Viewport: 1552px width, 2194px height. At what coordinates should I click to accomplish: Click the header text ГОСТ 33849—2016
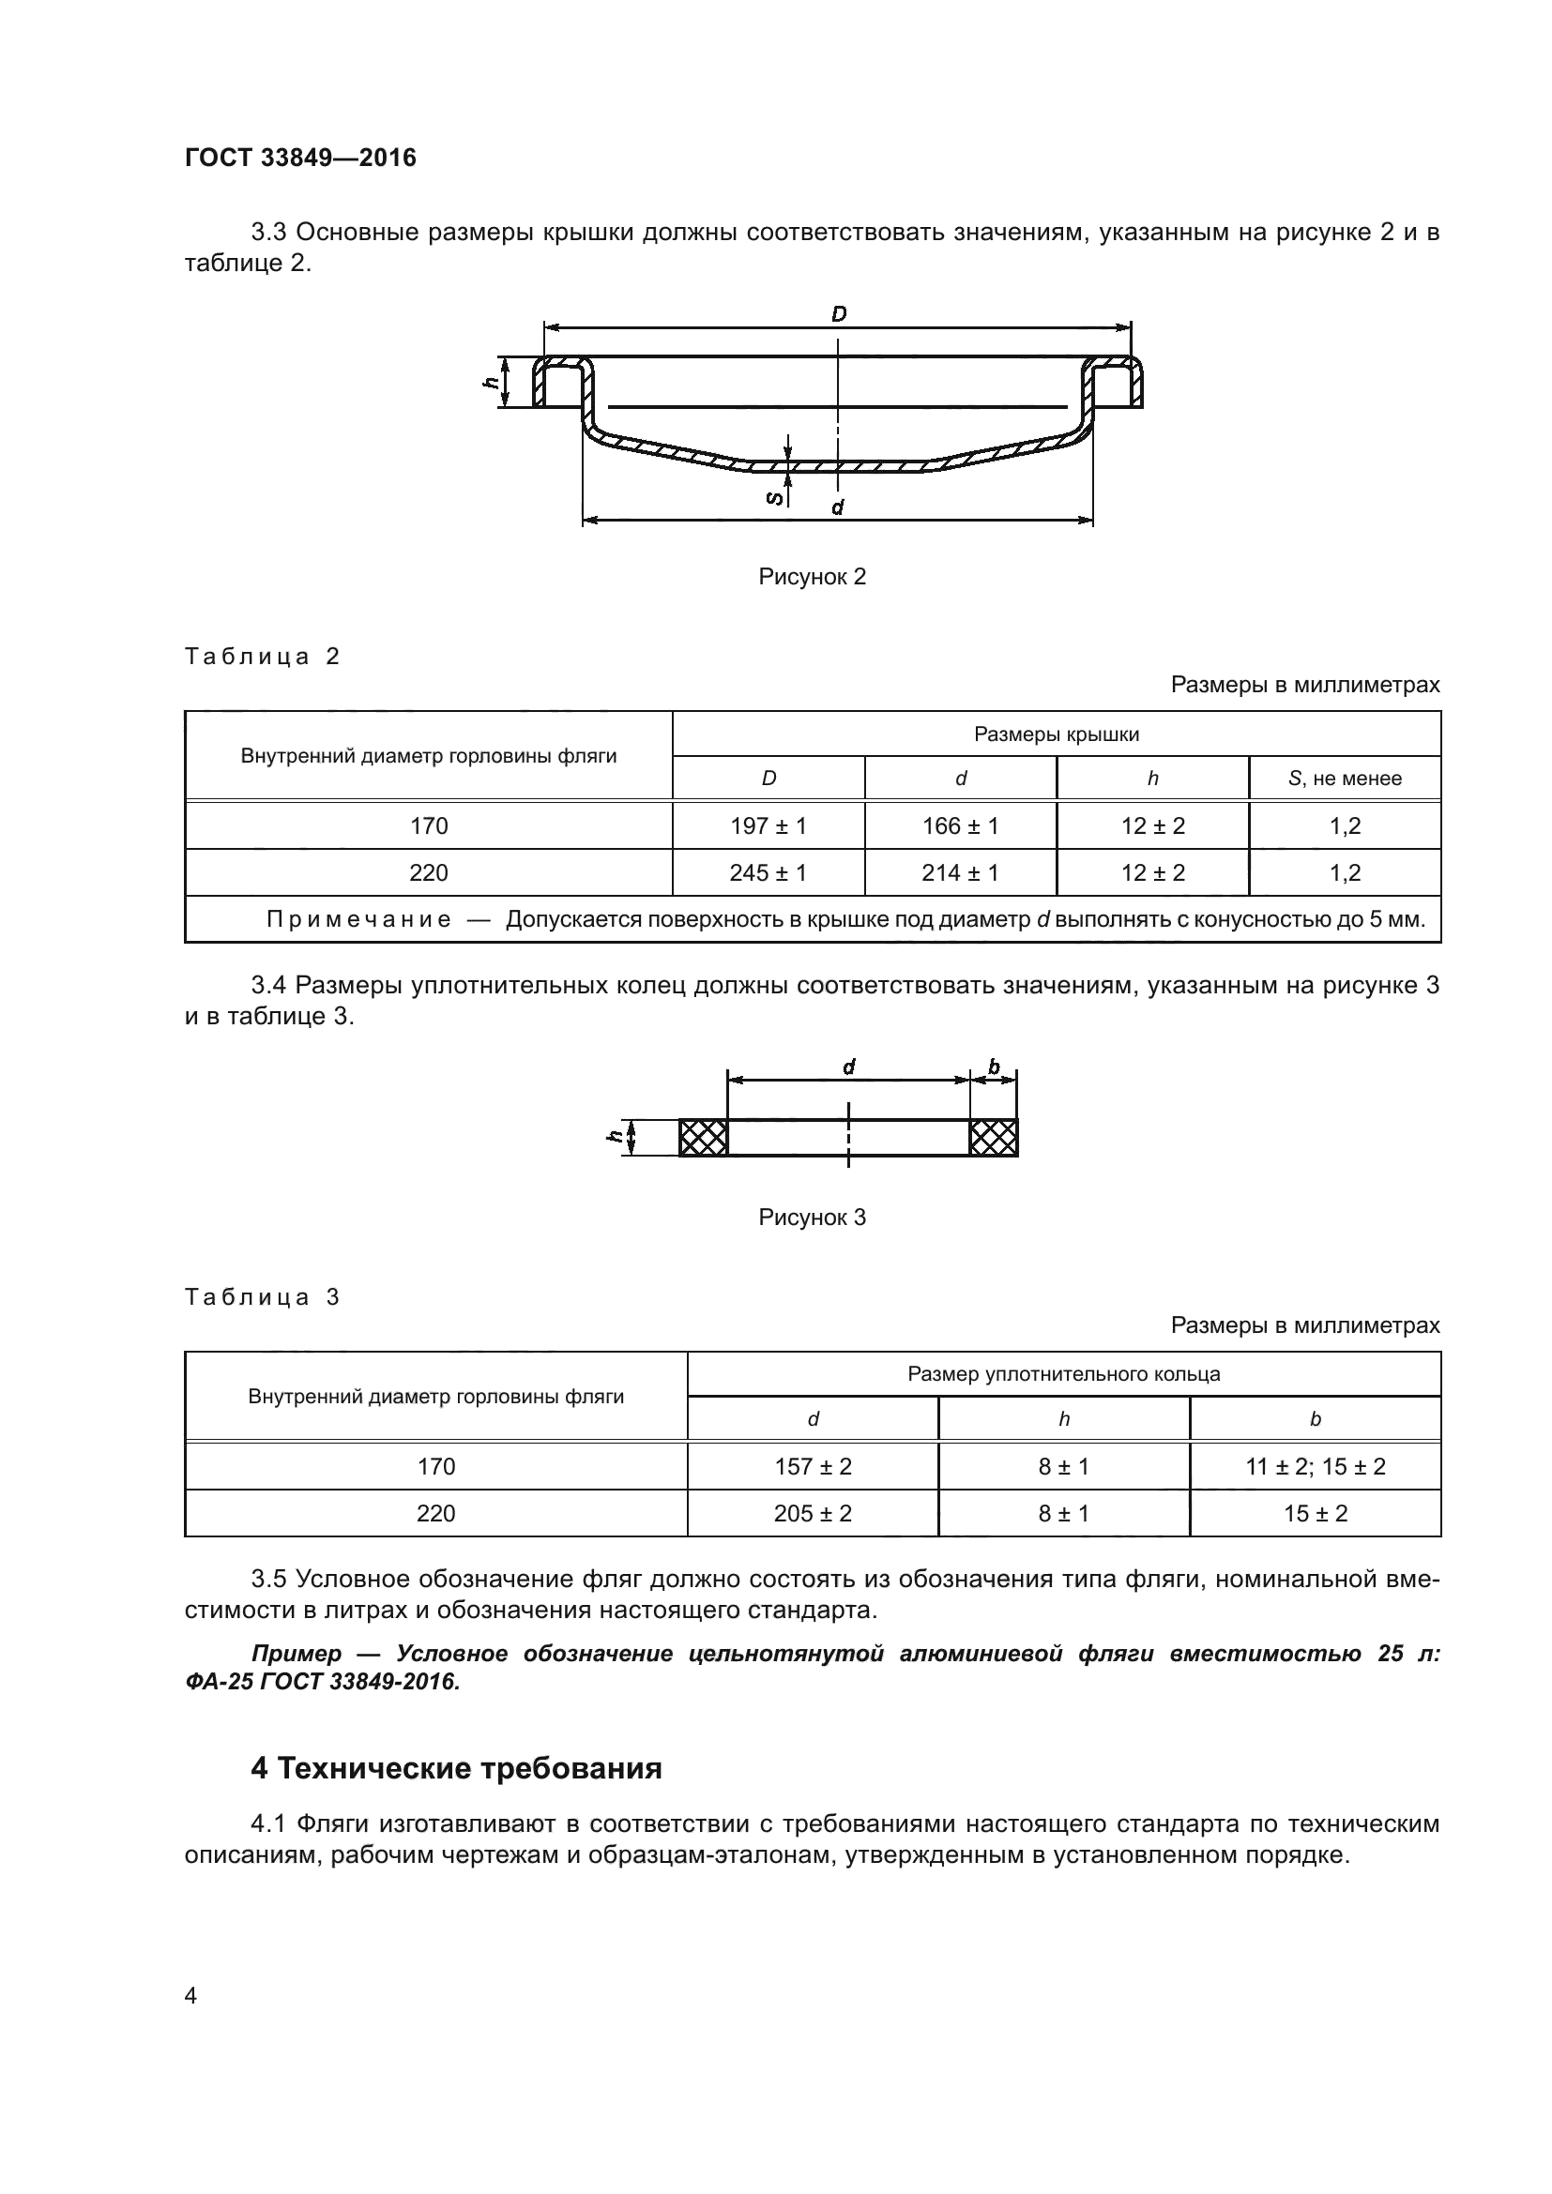[300, 158]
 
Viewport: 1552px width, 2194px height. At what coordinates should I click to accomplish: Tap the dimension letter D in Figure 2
[838, 313]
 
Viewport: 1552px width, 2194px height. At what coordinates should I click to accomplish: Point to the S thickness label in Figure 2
[775, 497]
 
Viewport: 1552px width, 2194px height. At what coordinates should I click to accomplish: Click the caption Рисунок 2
[812, 576]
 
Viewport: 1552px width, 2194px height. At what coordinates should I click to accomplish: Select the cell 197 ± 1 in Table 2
[768, 825]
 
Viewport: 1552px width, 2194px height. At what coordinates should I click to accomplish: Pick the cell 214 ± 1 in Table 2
[961, 872]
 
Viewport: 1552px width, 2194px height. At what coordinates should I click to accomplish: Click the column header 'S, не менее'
[1344, 778]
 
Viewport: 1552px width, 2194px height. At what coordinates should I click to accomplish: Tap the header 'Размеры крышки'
[1056, 734]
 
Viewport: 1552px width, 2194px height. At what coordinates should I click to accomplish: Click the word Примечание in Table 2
[358, 919]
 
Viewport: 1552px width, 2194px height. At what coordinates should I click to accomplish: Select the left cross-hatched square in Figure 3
[704, 1137]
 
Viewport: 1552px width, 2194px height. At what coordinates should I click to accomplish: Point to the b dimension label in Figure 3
[994, 1067]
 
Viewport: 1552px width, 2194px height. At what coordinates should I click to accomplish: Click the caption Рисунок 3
[812, 1217]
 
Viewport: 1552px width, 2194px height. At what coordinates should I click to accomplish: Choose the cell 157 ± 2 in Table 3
[813, 1466]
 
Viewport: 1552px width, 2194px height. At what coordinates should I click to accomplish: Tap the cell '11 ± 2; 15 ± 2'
[1315, 1466]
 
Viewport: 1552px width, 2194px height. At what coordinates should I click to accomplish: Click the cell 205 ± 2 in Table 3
[813, 1513]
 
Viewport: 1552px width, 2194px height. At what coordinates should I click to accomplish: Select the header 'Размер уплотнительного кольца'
[1064, 1374]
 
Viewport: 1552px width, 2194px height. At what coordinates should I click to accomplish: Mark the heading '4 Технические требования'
[456, 1768]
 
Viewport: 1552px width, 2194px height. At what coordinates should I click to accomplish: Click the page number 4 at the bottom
[190, 1996]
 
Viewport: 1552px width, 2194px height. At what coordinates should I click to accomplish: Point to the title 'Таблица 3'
[262, 1296]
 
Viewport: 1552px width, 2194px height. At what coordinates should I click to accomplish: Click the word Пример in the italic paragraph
[297, 1653]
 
